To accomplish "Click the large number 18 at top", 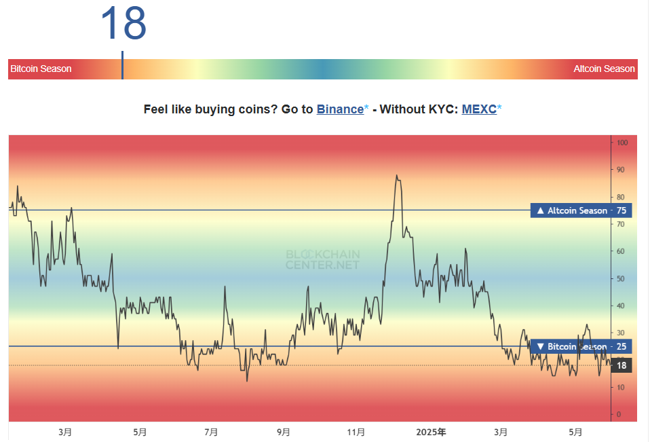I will (x=123, y=24).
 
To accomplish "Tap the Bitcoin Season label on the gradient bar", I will (x=41, y=69).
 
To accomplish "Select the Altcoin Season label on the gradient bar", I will (x=604, y=69).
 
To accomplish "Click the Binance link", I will (x=340, y=109).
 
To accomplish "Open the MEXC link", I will (x=479, y=109).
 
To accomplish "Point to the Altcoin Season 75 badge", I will (x=581, y=210).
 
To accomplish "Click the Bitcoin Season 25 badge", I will (x=581, y=346).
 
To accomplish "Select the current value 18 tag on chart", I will (x=622, y=365).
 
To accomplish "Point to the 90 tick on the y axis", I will (x=621, y=170).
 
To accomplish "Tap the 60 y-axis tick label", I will (x=621, y=251).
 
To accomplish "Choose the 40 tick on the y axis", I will (x=621, y=306).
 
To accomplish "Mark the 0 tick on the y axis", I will (x=619, y=414).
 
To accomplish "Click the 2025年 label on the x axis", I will (x=431, y=432).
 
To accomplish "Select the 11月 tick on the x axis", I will (x=356, y=432).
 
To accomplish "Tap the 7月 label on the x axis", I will (x=211, y=432).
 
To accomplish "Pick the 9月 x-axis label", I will (x=284, y=432).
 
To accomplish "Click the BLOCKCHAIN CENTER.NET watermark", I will (x=322, y=259).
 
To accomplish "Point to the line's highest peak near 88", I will (x=396, y=175).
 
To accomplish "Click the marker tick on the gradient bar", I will (x=123, y=65).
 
